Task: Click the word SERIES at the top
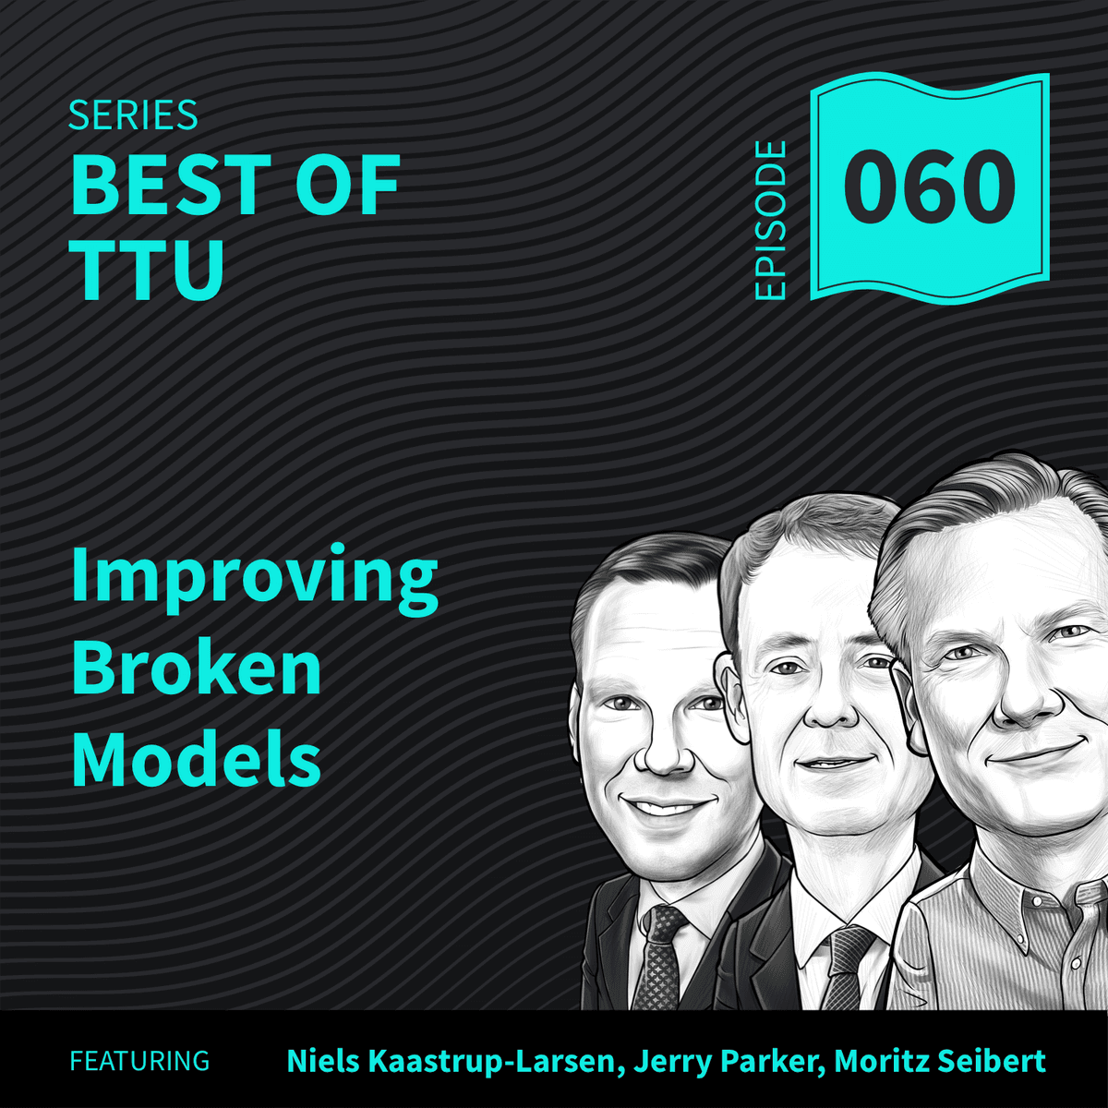coord(133,115)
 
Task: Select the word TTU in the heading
coord(148,270)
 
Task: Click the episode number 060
coord(929,187)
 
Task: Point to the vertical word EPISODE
coord(770,221)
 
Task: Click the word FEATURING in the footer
coord(139,1061)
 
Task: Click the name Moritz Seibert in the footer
coord(940,1061)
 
